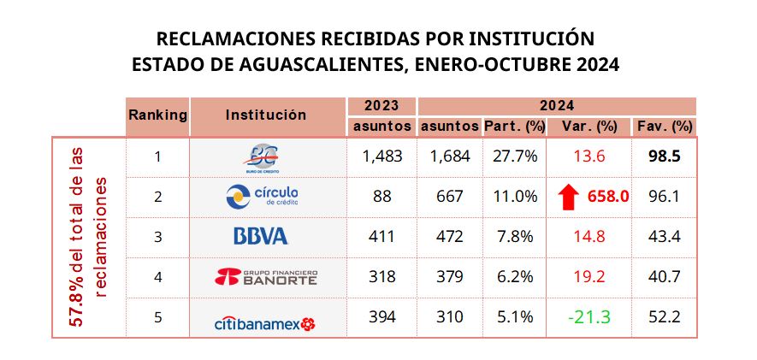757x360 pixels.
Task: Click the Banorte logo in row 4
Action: [x=268, y=276]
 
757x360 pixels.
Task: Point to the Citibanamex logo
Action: [x=264, y=317]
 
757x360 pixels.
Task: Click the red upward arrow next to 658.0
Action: [x=565, y=196]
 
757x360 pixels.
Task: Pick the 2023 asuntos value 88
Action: [x=381, y=197]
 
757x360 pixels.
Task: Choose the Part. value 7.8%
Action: [x=514, y=237]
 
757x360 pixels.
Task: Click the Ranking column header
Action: [x=157, y=115]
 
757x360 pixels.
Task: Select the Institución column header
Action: [x=266, y=115]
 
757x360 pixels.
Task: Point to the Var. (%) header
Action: [x=591, y=126]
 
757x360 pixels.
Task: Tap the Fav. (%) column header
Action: [x=665, y=126]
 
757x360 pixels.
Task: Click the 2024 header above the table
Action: [x=556, y=106]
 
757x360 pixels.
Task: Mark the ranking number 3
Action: [x=157, y=237]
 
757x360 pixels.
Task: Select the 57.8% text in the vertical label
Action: [x=77, y=304]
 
